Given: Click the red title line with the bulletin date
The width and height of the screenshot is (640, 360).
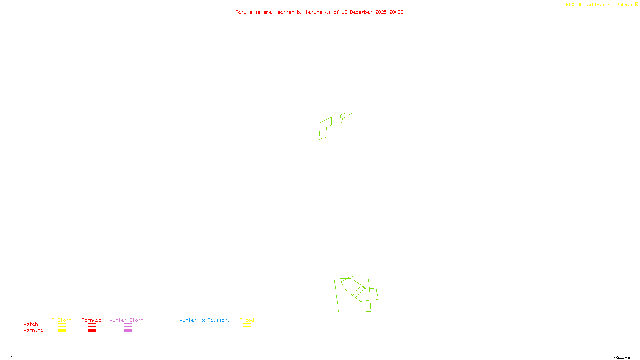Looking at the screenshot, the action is (319, 12).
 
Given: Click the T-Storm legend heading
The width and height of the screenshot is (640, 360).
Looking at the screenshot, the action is (62, 320).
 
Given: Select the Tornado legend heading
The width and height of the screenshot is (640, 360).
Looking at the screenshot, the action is (92, 320).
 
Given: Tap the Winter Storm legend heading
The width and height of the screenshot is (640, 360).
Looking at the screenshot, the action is (126, 320).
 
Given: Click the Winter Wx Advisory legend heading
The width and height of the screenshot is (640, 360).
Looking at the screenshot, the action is (205, 320).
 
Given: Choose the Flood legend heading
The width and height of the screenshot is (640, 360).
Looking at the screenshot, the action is (247, 320).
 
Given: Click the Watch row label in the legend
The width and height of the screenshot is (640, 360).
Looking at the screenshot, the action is (31, 324).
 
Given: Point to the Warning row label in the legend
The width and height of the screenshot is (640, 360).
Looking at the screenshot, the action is (34, 330).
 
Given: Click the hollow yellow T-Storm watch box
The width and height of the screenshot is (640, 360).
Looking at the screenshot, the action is (62, 325).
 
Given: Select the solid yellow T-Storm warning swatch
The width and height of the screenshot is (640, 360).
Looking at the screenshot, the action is (62, 331).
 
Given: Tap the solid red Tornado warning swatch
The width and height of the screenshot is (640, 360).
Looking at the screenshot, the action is (92, 331).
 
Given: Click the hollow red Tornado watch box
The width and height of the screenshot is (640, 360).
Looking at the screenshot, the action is (92, 325).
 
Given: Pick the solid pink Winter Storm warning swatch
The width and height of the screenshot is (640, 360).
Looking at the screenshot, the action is (128, 331).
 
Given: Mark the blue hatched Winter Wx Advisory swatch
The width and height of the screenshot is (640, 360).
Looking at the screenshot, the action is (204, 331).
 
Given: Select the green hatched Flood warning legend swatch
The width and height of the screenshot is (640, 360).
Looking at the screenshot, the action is (247, 331).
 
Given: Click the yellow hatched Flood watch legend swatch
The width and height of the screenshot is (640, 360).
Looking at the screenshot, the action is (247, 325).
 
